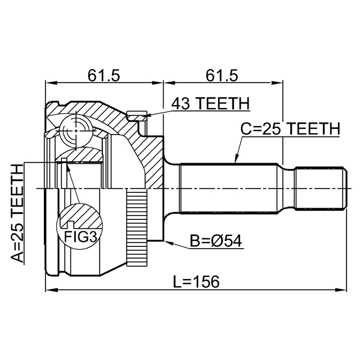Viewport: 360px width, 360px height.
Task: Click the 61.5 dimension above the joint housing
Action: (105, 74)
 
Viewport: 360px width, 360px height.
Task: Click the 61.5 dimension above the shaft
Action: (222, 74)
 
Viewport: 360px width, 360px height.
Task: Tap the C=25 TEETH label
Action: (291, 129)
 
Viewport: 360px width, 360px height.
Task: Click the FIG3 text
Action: (80, 237)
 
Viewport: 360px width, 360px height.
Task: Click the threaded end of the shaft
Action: (320, 188)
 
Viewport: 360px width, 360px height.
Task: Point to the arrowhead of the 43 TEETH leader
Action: (147, 116)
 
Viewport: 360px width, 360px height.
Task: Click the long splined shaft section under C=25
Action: (231, 188)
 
